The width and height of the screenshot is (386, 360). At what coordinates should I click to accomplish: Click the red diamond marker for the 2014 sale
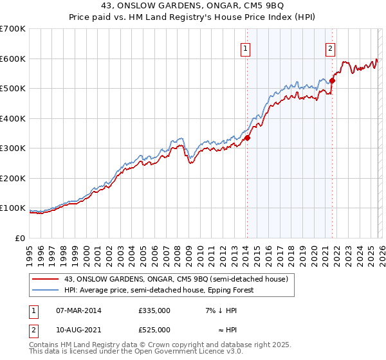coord(247,137)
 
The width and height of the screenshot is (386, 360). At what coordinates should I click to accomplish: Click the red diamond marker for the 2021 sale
coord(333,80)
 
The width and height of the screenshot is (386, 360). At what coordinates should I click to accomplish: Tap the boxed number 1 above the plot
coord(246,48)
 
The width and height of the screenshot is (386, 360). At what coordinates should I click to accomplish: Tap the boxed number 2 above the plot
coord(330,48)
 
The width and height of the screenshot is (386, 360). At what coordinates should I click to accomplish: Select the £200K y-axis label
coord(13,178)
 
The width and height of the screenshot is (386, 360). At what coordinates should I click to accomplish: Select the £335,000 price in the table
coord(154,310)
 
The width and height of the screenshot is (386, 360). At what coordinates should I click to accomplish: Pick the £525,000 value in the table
coord(154,330)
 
